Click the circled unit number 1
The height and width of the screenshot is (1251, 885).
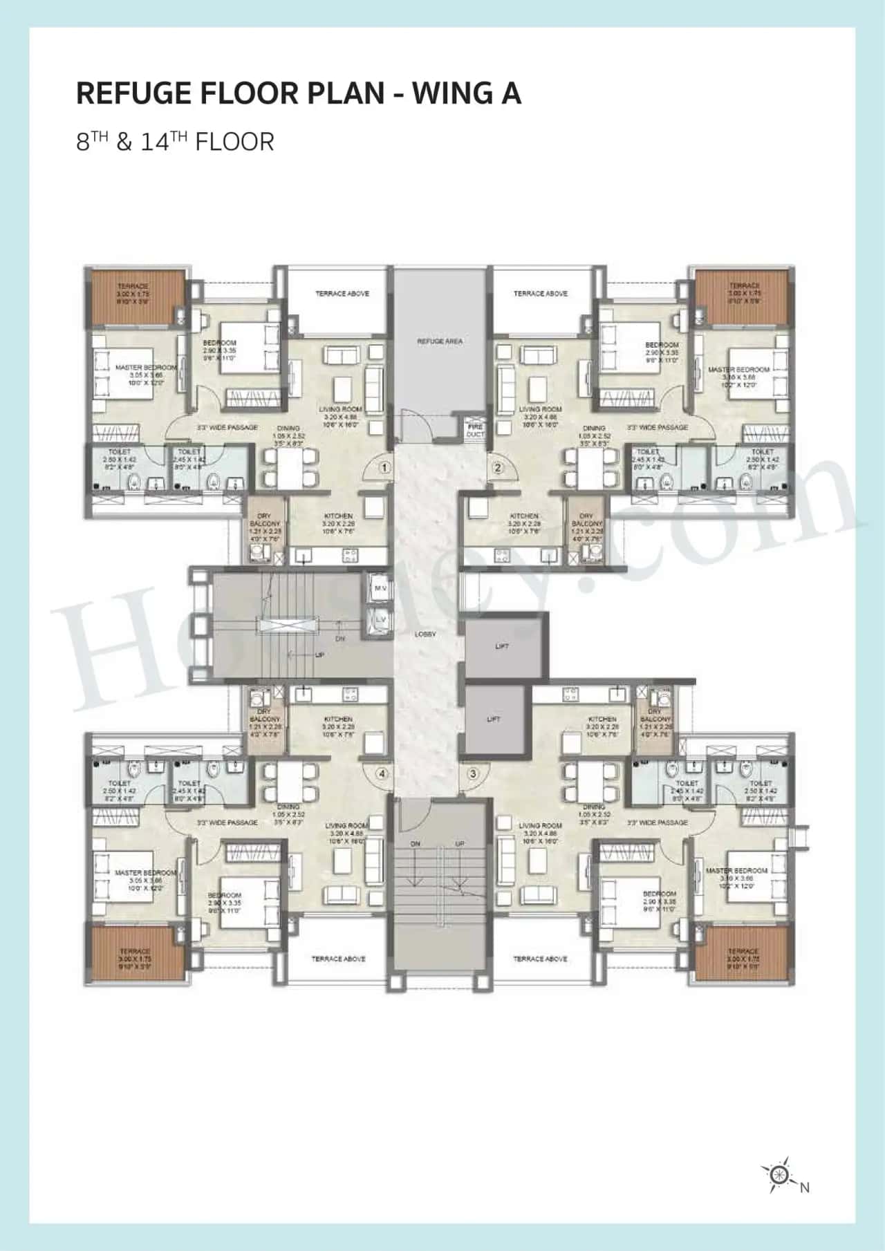[385, 468]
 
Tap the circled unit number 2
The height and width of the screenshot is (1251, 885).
[497, 468]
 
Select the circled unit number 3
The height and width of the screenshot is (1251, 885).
[473, 773]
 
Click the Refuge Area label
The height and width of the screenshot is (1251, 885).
[440, 341]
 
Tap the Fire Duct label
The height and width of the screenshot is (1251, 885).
[475, 431]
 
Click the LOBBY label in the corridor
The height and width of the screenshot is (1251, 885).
[426, 634]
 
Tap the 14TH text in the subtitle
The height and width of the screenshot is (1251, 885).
[164, 142]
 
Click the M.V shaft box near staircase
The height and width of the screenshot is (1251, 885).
[380, 587]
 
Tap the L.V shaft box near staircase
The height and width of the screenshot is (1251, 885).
[380, 619]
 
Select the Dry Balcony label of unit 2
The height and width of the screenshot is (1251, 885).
[586, 520]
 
